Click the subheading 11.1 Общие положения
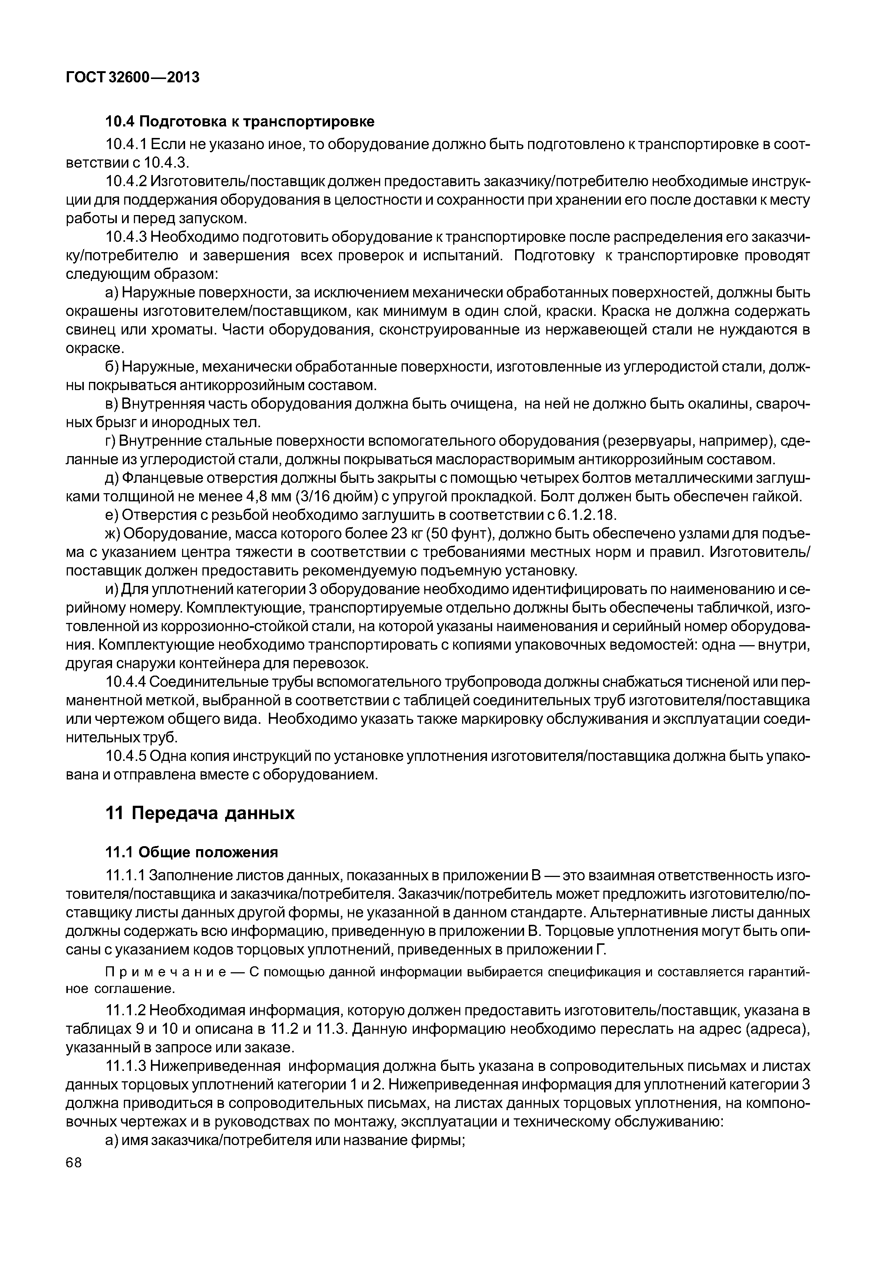192,852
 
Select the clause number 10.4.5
126,757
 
